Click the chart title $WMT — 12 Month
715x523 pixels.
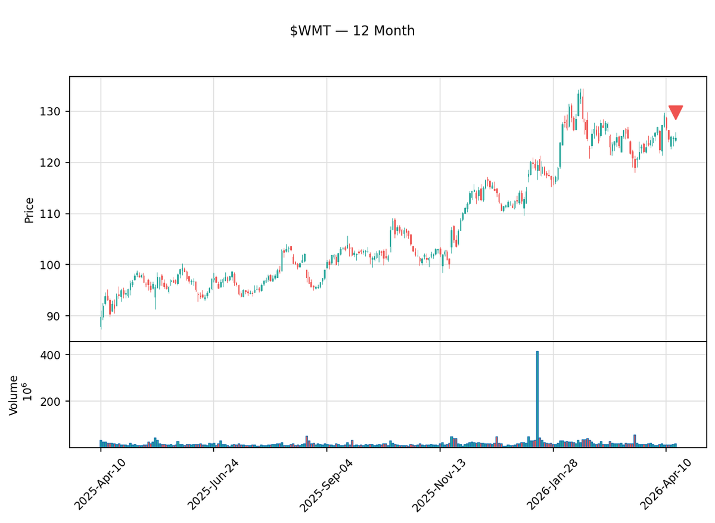(352, 31)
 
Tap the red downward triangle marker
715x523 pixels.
(676, 112)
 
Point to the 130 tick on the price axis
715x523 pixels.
(55, 112)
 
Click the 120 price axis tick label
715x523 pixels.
(55, 163)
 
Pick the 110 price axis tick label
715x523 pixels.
(55, 214)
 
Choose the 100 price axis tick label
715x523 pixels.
(55, 265)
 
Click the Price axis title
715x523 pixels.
(29, 210)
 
